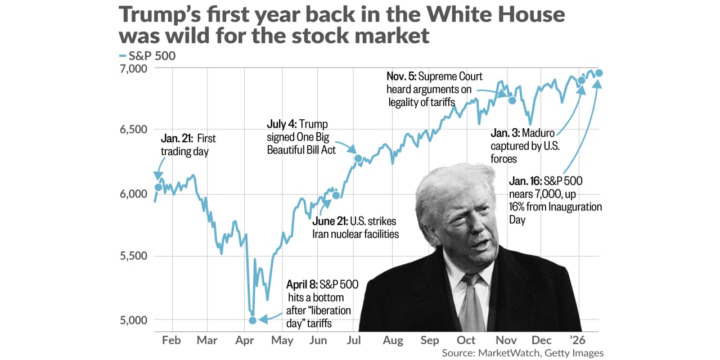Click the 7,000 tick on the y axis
click(x=133, y=69)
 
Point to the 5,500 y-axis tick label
click(x=133, y=256)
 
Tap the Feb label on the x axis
click(x=171, y=340)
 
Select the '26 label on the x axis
click(x=579, y=340)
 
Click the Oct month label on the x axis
click(x=466, y=340)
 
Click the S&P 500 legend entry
click(x=147, y=56)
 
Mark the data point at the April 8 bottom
click(x=253, y=320)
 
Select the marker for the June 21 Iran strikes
click(x=336, y=195)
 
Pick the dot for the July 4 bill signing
click(x=358, y=158)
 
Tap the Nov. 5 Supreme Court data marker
click(x=512, y=100)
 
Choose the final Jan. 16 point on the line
click(x=599, y=73)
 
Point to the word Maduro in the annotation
click(x=538, y=133)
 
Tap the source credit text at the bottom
click(x=523, y=353)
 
